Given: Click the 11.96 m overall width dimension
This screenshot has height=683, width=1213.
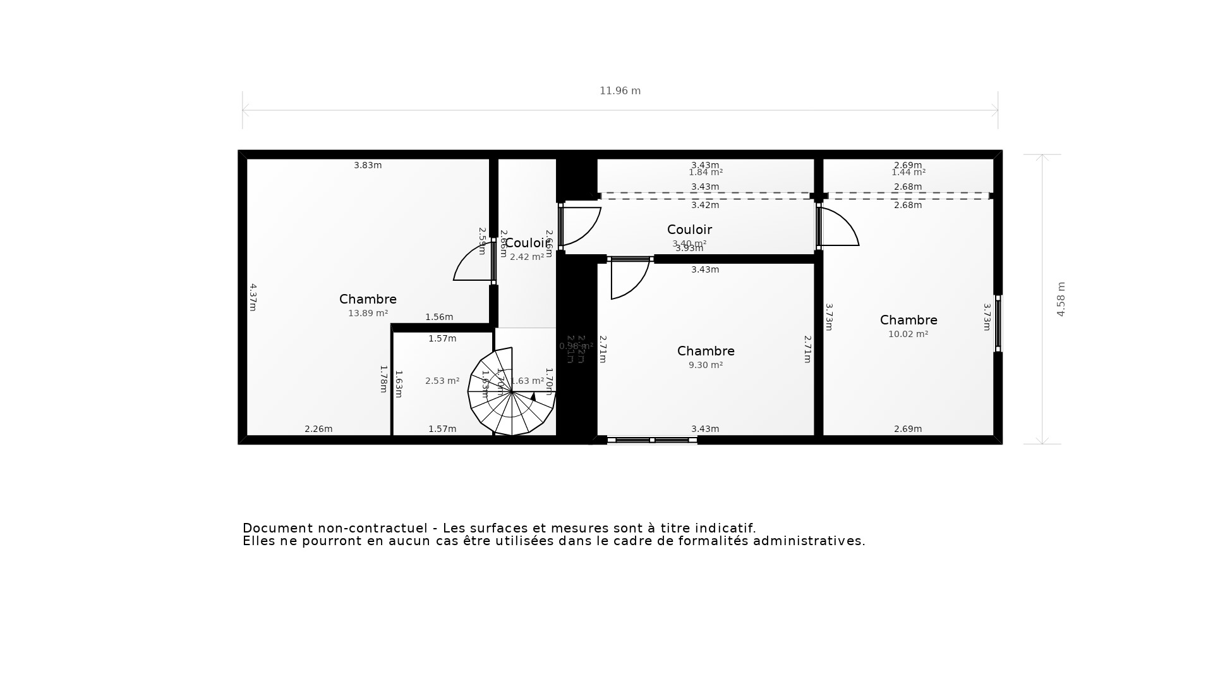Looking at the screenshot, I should pos(620,91).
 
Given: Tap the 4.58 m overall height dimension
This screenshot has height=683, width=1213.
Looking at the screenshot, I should pos(1061,299).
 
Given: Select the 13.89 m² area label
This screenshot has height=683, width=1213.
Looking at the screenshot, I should pos(368,313).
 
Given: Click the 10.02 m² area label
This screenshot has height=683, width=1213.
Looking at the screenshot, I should pos(908,334).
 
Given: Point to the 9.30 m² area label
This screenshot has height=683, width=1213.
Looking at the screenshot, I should pos(705,365).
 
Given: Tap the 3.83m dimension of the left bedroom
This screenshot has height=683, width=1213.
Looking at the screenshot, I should pos(368,165).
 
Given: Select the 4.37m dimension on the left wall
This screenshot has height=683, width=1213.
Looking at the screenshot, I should pos(252,297).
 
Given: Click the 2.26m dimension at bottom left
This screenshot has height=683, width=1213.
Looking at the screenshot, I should pos(318,429).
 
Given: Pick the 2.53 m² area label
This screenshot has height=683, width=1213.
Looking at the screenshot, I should pos(442,381).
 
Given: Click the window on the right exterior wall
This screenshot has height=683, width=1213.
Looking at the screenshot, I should pos(998,323).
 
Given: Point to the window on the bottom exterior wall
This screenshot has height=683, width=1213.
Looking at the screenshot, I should pos(652,440).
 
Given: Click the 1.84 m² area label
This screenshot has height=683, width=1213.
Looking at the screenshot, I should pos(705,173).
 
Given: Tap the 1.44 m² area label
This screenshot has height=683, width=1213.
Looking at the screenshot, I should pos(908,173).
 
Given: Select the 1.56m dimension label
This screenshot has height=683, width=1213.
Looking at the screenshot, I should pos(438,317).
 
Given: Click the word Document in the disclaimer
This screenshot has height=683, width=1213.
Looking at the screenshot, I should pos(277,528).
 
